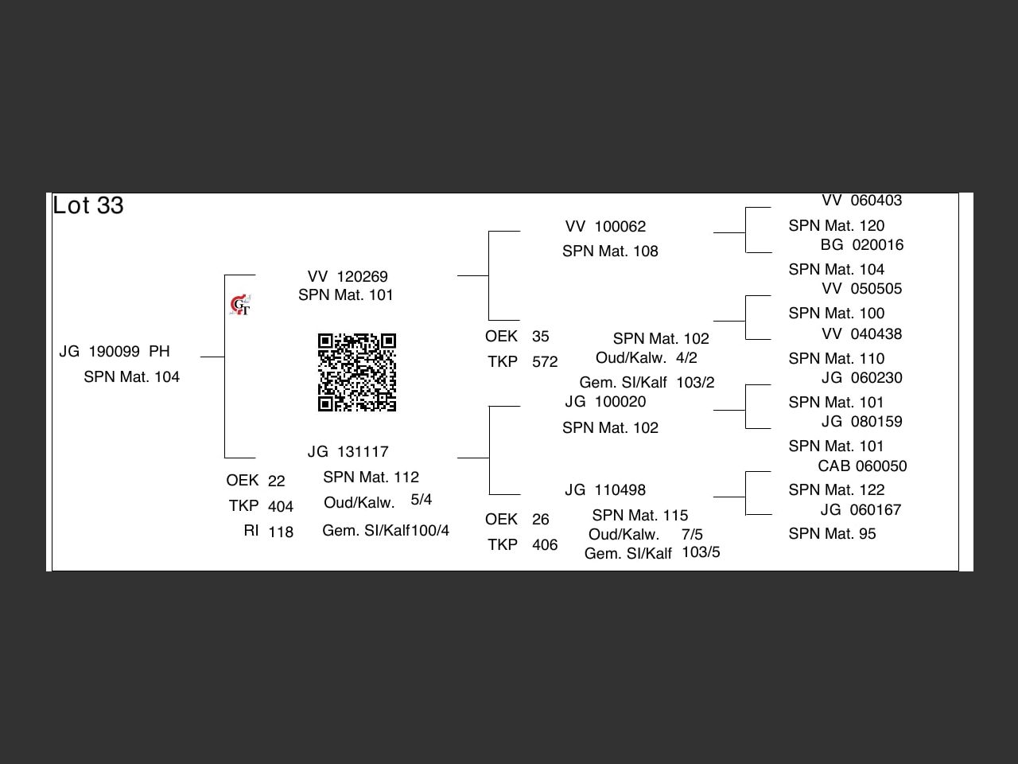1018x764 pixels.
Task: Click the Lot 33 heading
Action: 88,205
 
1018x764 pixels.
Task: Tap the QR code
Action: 357,372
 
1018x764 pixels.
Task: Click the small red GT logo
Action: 240,305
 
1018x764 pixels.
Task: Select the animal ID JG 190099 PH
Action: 115,352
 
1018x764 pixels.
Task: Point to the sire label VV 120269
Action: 348,276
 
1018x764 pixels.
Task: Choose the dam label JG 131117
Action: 348,452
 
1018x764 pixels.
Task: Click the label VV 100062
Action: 605,227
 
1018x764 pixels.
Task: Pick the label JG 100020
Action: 605,402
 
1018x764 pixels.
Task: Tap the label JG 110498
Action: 605,490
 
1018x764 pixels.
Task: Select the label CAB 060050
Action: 862,466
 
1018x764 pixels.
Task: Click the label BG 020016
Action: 862,245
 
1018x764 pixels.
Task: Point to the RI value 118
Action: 281,532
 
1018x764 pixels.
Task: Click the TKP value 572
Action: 545,362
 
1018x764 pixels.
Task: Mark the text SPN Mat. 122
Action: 837,490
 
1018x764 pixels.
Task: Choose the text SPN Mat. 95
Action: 832,534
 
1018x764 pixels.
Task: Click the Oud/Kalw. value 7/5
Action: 692,534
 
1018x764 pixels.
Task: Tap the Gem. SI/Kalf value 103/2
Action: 695,383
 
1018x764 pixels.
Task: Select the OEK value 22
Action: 276,481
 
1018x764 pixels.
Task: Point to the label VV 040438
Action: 862,334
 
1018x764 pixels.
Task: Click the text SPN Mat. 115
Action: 640,516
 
